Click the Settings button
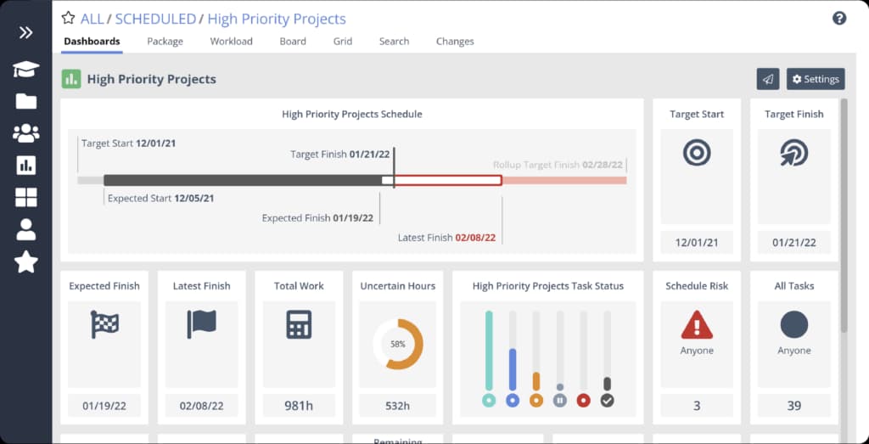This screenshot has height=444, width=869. (x=815, y=79)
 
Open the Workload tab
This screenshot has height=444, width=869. (x=231, y=41)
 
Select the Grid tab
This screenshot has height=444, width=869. (x=342, y=41)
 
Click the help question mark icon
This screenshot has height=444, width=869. (x=838, y=18)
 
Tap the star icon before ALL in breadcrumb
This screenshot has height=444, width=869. (x=68, y=19)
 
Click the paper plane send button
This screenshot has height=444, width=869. (x=767, y=79)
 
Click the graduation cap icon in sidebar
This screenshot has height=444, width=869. (x=26, y=70)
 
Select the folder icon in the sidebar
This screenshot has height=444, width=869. (x=26, y=102)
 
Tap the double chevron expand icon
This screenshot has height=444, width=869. (x=26, y=33)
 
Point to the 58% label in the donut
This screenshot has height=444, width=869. (x=397, y=345)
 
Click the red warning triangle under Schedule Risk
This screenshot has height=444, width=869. (x=697, y=324)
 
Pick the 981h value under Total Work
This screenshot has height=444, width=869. (x=299, y=406)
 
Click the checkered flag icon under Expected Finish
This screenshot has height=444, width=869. (x=104, y=324)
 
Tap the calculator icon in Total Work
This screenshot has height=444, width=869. (x=299, y=324)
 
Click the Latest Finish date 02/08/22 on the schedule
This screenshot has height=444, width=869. (x=475, y=238)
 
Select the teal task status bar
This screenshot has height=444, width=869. (x=488, y=351)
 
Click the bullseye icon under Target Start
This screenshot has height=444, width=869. (x=697, y=153)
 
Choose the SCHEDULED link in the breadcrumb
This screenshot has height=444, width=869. (x=154, y=19)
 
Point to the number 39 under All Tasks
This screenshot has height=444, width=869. (x=793, y=406)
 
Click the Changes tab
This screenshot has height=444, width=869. (x=455, y=41)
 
